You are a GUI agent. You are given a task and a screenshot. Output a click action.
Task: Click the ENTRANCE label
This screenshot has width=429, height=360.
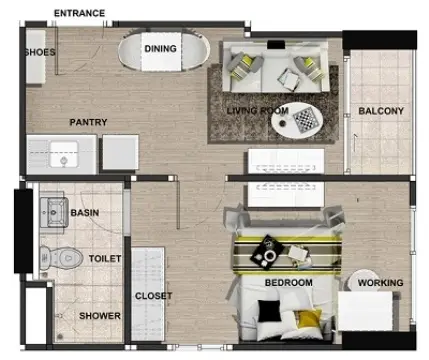[79, 13]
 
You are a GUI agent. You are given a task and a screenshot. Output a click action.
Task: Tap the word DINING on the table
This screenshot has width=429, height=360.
[160, 49]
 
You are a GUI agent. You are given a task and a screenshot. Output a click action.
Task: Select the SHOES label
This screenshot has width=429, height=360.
[40, 52]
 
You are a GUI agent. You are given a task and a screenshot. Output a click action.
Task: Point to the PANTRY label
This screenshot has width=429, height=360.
[88, 122]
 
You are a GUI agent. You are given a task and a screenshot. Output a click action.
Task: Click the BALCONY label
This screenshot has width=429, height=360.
[381, 111]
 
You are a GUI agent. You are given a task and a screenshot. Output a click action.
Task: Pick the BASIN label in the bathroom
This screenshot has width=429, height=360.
[85, 213]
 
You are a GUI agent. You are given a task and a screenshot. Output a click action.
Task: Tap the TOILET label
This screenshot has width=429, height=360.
[105, 259]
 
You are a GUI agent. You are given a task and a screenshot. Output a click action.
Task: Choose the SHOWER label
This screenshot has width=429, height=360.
[100, 316]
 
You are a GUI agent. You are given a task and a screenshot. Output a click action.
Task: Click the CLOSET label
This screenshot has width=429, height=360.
[153, 296]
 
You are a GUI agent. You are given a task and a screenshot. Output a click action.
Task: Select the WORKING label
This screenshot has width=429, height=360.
[380, 283]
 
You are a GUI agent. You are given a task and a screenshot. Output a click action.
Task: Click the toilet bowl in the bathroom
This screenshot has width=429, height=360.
[62, 258]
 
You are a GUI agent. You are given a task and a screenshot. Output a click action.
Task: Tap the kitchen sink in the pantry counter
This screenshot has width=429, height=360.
[64, 154]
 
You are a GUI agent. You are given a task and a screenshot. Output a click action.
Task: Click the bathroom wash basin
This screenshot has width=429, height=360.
[54, 212]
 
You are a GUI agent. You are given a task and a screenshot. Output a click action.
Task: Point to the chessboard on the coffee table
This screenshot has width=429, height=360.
[305, 120]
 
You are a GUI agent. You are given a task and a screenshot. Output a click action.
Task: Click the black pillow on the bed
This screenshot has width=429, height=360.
[269, 310]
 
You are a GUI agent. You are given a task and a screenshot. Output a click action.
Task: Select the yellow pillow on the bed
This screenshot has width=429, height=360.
[309, 318]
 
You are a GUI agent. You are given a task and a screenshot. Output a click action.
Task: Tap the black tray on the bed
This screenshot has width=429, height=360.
[268, 252]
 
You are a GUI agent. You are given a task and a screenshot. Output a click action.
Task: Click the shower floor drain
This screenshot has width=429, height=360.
[60, 337]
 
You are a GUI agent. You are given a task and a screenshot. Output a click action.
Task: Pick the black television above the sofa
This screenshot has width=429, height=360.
[276, 44]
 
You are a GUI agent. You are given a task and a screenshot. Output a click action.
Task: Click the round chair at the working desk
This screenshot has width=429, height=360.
[363, 280]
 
